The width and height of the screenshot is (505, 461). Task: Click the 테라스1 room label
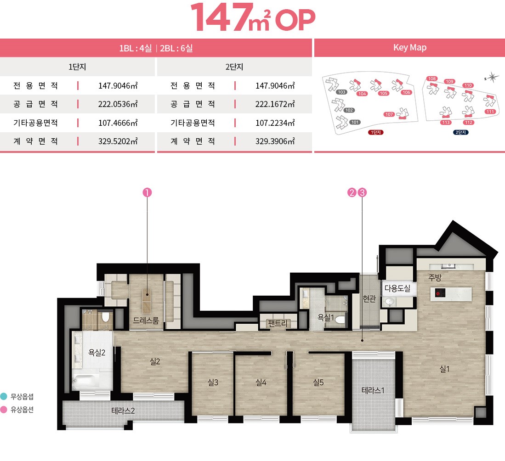pyautogui.click(x=373, y=390)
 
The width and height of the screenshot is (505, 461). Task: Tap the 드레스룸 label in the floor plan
pyautogui.click(x=146, y=320)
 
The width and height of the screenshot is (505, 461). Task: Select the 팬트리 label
pyautogui.click(x=277, y=323)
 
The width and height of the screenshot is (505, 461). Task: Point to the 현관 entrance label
pyautogui.click(x=369, y=299)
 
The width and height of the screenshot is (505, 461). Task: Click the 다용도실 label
pyautogui.click(x=397, y=288)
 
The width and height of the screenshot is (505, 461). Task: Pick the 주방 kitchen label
pyautogui.click(x=435, y=277)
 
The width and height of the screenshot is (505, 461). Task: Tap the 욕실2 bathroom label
pyautogui.click(x=96, y=353)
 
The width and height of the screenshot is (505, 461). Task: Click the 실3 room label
pyautogui.click(x=213, y=382)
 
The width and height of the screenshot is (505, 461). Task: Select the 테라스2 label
pyautogui.click(x=123, y=410)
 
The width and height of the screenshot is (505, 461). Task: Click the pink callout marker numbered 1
pyautogui.click(x=147, y=192)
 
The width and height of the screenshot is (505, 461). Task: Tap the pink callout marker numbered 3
pyautogui.click(x=363, y=192)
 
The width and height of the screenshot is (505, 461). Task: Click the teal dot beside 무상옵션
pyautogui.click(x=4, y=396)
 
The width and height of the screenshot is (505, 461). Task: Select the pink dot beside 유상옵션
pyautogui.click(x=4, y=410)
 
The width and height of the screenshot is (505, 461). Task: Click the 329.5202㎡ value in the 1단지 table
pyautogui.click(x=118, y=141)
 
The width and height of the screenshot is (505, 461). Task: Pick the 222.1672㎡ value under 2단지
pyautogui.click(x=275, y=104)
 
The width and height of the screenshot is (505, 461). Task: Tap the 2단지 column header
pyautogui.click(x=234, y=67)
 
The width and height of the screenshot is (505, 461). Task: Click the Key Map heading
pyautogui.click(x=410, y=48)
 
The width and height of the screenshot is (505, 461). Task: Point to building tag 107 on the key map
pyautogui.click(x=389, y=114)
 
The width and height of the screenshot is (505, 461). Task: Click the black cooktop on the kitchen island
pyautogui.click(x=440, y=293)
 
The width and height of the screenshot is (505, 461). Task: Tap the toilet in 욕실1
pyautogui.click(x=340, y=320)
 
